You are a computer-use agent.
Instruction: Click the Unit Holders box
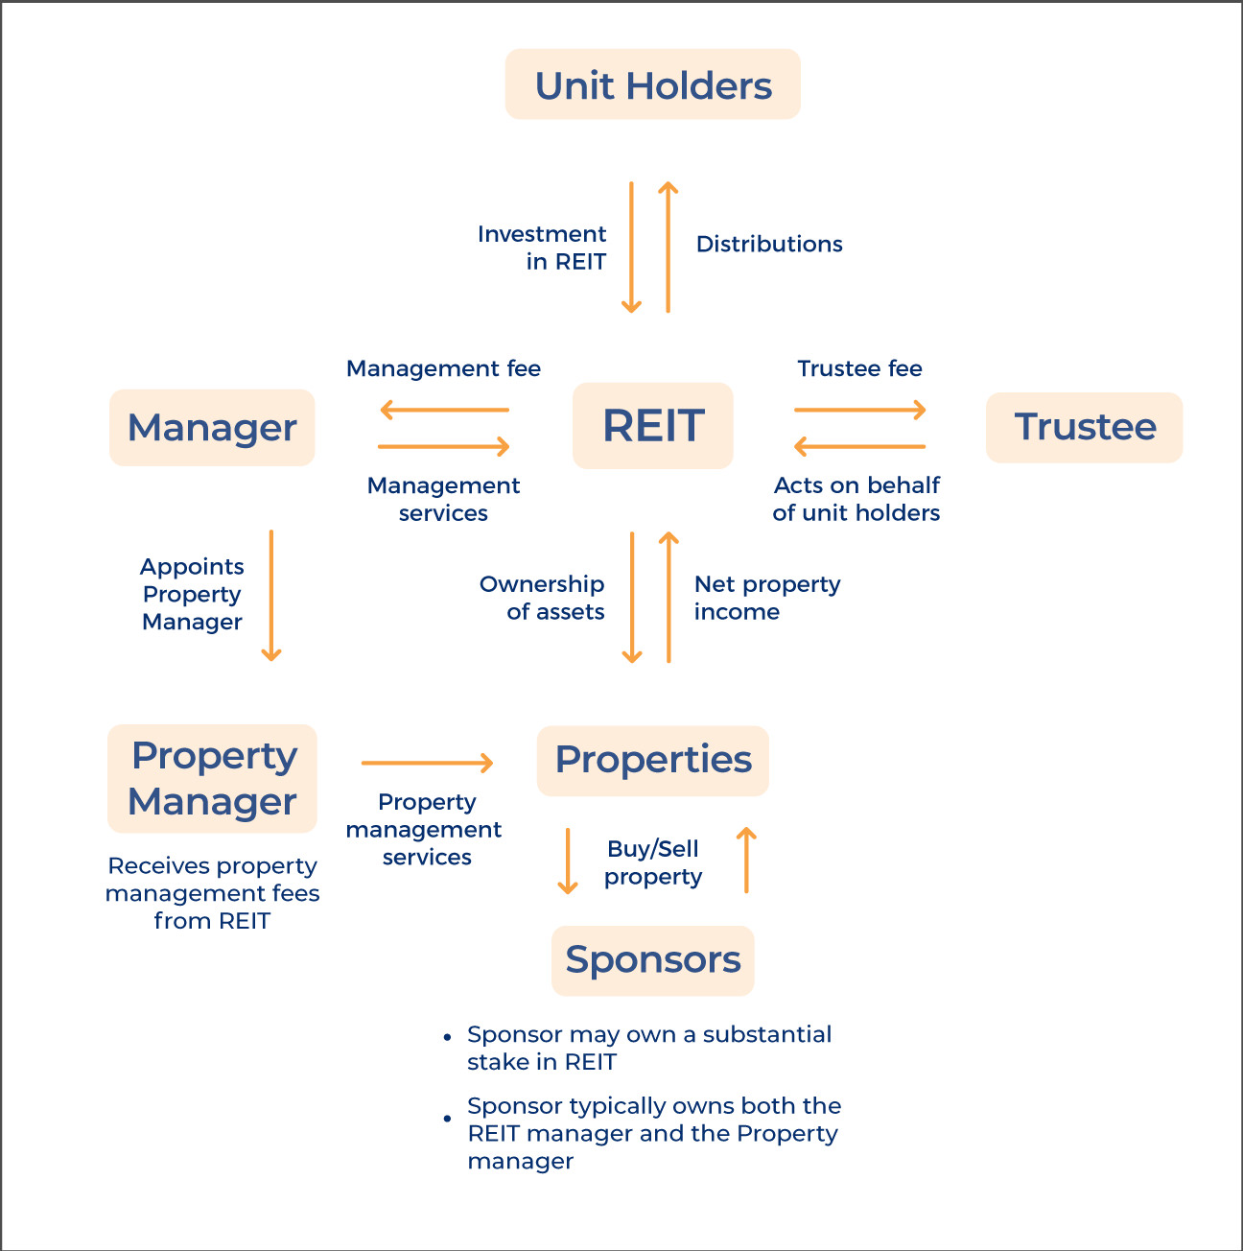652,84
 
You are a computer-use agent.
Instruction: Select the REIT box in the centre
652,426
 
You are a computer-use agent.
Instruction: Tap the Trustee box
1084,427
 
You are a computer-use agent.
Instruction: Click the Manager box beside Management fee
212,428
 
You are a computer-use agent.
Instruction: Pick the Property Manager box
212,778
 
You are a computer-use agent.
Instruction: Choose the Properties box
652,760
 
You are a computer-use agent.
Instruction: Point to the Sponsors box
652,959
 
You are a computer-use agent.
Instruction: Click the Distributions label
769,244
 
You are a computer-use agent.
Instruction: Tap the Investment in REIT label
543,248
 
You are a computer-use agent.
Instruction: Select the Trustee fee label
859,368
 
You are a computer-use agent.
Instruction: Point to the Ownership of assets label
543,598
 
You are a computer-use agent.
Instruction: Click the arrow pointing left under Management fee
444,411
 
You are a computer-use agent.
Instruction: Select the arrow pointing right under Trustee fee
859,411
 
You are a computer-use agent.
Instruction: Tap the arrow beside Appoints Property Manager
271,595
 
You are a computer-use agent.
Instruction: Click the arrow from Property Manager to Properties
427,763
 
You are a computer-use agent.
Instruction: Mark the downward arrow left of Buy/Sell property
568,861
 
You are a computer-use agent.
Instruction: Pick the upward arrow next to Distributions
668,247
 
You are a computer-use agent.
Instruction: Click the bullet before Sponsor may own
447,1037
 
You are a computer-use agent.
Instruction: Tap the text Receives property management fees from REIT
212,893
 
